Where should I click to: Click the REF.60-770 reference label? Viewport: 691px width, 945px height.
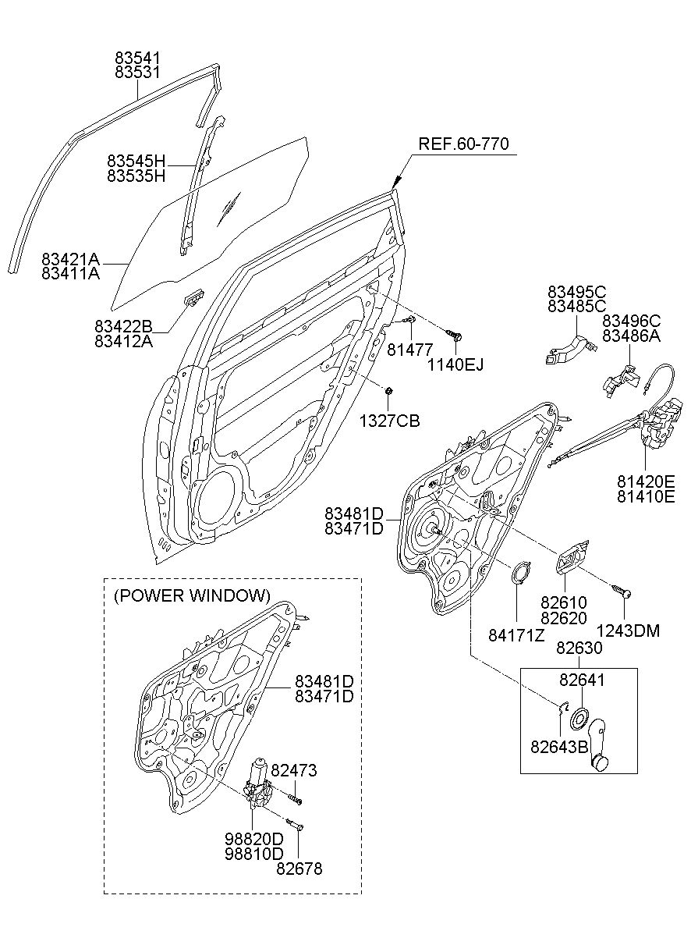(x=463, y=144)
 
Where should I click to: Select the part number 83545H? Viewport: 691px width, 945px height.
(x=136, y=161)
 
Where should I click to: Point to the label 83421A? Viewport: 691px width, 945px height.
(x=70, y=258)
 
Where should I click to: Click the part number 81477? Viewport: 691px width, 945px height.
(x=409, y=350)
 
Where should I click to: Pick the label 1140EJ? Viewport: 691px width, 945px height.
(x=455, y=364)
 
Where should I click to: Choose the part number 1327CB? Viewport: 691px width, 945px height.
(x=389, y=421)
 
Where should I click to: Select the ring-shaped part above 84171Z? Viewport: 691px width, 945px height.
(x=521, y=573)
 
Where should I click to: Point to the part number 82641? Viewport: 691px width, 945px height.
(x=582, y=680)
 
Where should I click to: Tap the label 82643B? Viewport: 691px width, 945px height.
(x=559, y=747)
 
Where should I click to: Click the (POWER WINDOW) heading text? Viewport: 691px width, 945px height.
(x=193, y=595)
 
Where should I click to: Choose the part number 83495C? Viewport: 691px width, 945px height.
(x=577, y=292)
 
